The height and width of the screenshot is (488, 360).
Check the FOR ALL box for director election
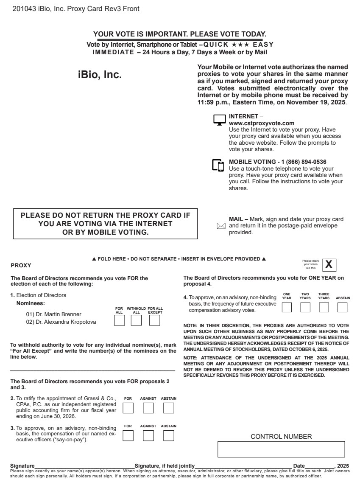120,320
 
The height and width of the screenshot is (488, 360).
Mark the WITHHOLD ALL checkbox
136,320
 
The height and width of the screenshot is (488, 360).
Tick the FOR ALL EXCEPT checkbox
155,320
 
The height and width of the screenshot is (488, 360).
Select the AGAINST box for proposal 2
148,408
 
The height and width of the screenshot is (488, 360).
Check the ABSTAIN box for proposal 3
169,435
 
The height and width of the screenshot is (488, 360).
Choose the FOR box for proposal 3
128,435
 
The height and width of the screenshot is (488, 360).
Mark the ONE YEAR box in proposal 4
287,307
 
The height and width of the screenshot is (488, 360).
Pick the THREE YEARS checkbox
324,307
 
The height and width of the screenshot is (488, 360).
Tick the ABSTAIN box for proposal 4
343,307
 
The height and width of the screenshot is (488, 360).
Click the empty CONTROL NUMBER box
281,449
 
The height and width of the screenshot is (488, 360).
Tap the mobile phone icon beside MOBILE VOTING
218,165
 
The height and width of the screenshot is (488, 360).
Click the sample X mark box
329,265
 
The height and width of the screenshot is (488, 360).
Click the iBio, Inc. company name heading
100,75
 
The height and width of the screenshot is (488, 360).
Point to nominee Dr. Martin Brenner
53,314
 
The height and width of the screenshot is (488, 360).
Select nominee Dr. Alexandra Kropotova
61,322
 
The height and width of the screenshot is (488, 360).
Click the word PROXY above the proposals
21,266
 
